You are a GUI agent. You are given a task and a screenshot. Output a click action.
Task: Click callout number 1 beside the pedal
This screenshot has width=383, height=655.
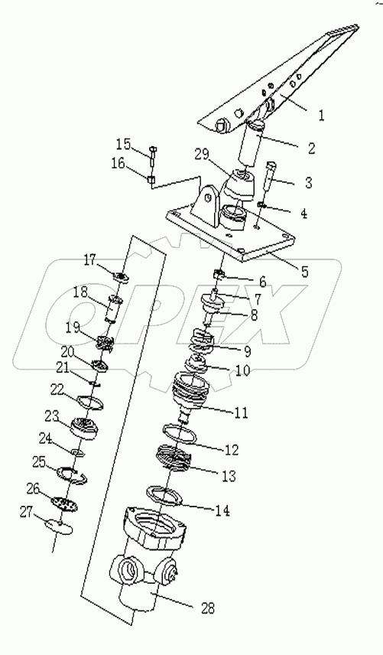(x=321, y=116)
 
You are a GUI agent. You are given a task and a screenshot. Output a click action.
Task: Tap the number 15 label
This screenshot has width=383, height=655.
(x=124, y=144)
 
